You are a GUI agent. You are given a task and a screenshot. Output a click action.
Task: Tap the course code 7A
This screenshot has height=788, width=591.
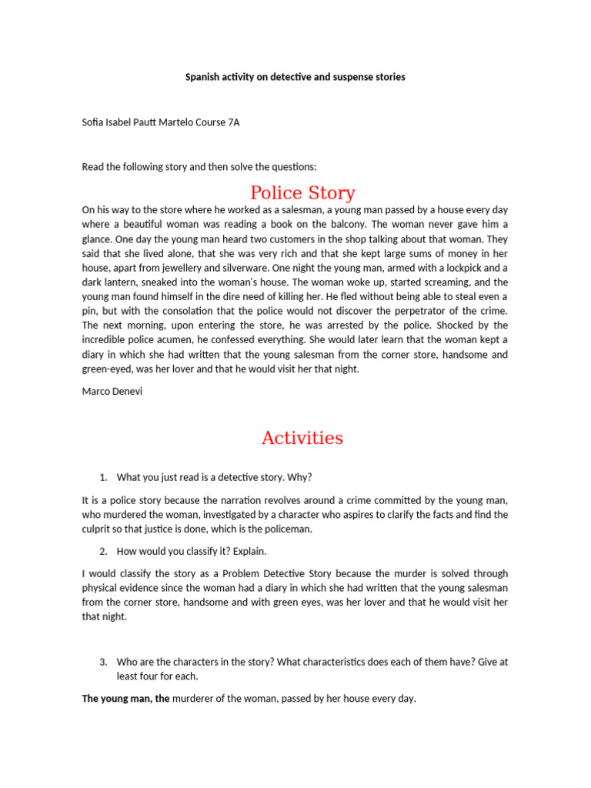coord(234,122)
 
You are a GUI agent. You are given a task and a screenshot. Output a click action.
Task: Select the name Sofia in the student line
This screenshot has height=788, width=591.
coord(94,122)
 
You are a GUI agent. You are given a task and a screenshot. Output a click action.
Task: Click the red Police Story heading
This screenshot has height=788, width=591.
coord(302,192)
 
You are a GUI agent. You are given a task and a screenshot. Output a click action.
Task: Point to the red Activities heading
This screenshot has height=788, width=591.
coord(302,438)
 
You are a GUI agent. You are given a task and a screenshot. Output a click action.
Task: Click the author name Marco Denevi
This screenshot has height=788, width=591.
coord(113,391)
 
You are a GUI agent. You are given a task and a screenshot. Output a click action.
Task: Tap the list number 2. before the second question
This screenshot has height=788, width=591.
coord(103,552)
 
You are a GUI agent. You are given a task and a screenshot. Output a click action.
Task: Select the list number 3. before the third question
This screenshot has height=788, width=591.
coord(103,661)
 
